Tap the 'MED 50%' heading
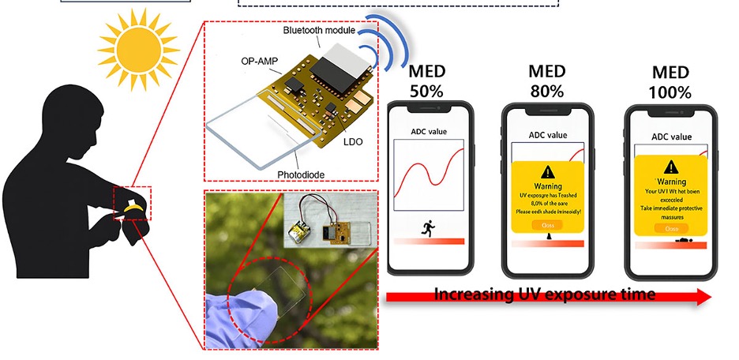pos(426,80)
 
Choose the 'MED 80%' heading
pos(546,80)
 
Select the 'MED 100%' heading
pos(670,80)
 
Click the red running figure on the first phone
pos(427,228)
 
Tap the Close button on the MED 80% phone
pos(548,225)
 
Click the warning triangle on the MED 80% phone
pos(548,172)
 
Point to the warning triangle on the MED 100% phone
pos(671,167)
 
